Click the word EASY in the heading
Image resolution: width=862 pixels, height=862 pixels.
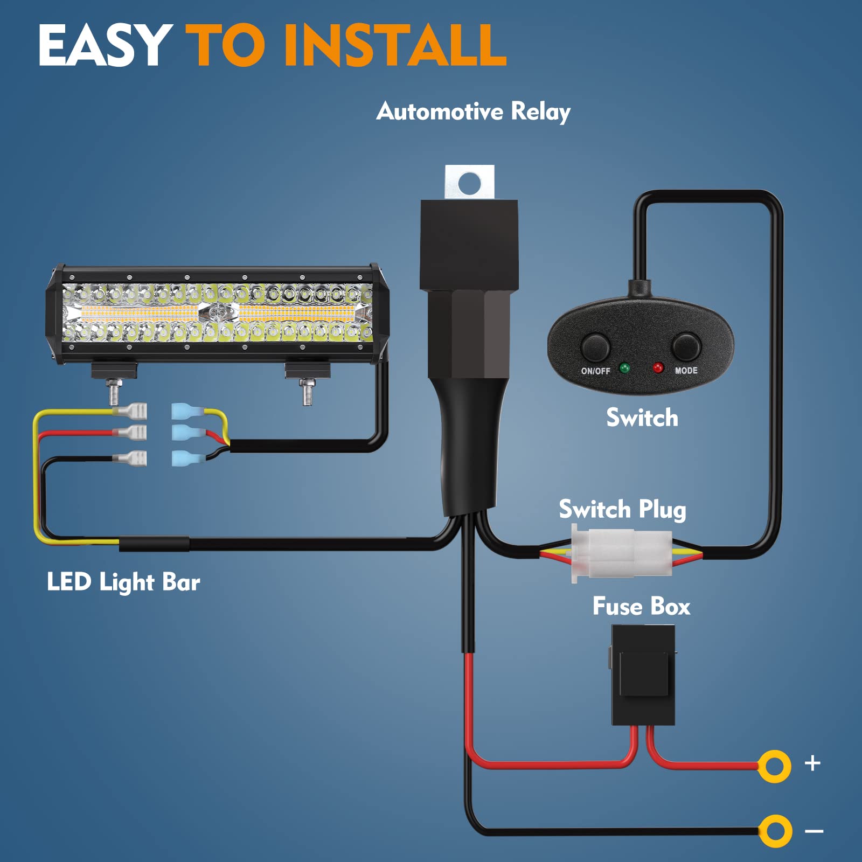tap(105, 45)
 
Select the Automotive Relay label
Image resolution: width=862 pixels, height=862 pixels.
tap(473, 112)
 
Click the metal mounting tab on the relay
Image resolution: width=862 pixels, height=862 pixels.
tap(469, 182)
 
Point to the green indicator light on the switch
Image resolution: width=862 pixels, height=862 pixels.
tap(625, 369)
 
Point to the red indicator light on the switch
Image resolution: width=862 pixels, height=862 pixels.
tap(658, 368)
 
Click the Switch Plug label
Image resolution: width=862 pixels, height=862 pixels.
tap(622, 509)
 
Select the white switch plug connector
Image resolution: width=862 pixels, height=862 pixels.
tap(622, 553)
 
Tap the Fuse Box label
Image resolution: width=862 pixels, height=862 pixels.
tap(641, 607)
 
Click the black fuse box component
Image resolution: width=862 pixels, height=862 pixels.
tap(643, 675)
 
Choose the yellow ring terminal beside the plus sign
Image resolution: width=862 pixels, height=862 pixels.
tap(774, 766)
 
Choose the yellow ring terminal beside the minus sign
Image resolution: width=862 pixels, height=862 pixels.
tap(775, 831)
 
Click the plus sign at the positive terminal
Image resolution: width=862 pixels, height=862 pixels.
tap(812, 763)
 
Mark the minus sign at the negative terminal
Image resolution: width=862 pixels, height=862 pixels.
tap(814, 831)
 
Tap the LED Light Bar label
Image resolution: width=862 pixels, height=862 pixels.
tap(123, 582)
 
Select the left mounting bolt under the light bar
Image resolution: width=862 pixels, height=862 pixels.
tap(115, 391)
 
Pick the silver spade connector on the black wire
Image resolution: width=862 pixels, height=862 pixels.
tap(131, 459)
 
